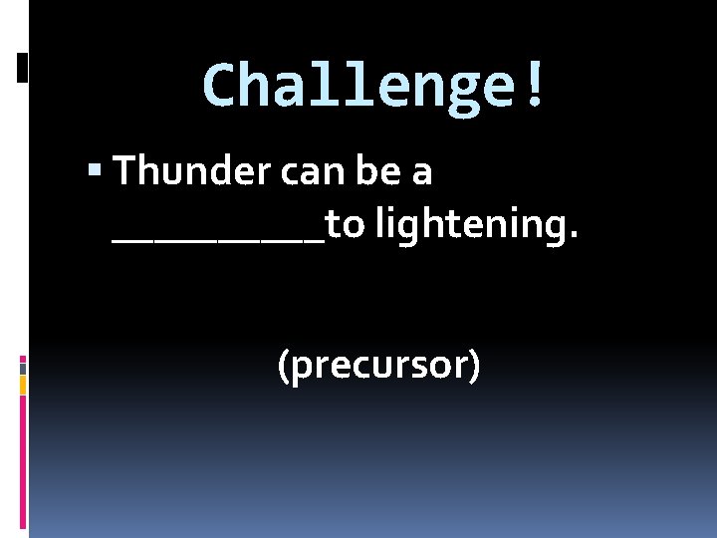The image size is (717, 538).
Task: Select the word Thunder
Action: pos(192,172)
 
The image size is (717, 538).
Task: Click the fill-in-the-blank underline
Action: pos(219,240)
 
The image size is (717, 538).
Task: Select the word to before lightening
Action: pos(345,226)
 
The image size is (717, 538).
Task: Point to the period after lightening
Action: pos(573,237)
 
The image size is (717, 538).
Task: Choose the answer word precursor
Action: pos(378,367)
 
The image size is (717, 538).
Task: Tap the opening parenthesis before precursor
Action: pos(283,367)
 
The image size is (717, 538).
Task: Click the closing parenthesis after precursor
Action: pos(475,367)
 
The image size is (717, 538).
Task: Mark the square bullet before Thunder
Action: pos(94,172)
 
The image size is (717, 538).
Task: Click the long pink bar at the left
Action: pos(22,463)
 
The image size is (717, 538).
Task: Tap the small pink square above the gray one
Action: pos(22,359)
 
